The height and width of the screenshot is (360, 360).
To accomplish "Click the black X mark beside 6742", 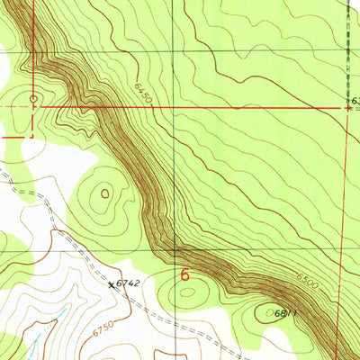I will pos(112,284).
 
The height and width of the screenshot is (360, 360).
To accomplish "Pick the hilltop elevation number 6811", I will pos(284,311).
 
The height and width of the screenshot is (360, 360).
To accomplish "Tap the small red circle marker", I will pos(34,99).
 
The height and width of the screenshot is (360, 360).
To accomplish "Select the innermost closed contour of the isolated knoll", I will pos(106,191).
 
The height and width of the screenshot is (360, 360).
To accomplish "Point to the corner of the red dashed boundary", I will pos(33,138).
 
